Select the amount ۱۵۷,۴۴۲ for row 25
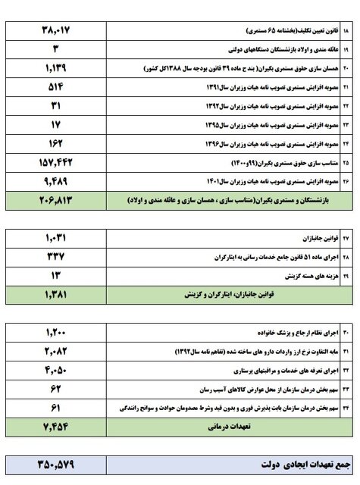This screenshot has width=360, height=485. [x=57, y=162]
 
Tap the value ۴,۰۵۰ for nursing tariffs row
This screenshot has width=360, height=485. [x=57, y=371]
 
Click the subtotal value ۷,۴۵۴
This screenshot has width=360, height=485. [x=57, y=427]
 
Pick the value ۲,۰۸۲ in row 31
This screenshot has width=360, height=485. [x=57, y=352]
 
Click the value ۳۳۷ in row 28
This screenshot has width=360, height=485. [x=57, y=255]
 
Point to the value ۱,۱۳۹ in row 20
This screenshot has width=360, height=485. [x=57, y=68]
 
